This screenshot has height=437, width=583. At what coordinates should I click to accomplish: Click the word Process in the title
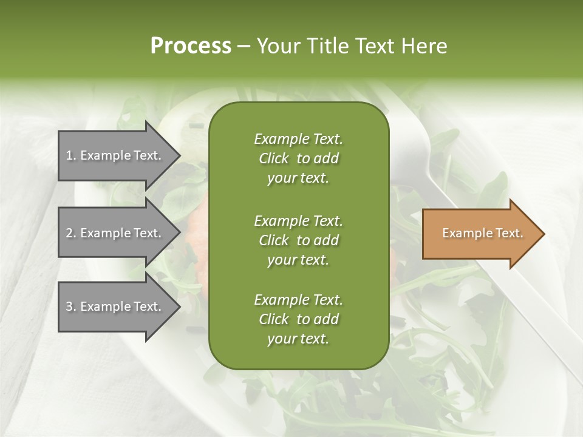click(191, 46)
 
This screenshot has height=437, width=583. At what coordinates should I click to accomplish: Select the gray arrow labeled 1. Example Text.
click(115, 155)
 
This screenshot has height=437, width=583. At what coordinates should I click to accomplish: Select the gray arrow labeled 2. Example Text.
click(115, 233)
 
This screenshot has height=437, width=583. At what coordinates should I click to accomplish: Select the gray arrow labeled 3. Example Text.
click(115, 307)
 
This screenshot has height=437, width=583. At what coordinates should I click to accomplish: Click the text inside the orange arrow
click(482, 233)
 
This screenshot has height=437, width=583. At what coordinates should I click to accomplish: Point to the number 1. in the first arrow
click(71, 155)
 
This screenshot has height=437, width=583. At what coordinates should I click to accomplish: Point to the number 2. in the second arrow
click(71, 233)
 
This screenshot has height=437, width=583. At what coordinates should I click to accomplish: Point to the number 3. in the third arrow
click(71, 307)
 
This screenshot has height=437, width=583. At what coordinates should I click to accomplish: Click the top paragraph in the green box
click(298, 158)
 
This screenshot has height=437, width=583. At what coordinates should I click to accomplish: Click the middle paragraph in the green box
click(298, 240)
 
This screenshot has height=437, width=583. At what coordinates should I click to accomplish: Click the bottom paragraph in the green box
click(298, 319)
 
